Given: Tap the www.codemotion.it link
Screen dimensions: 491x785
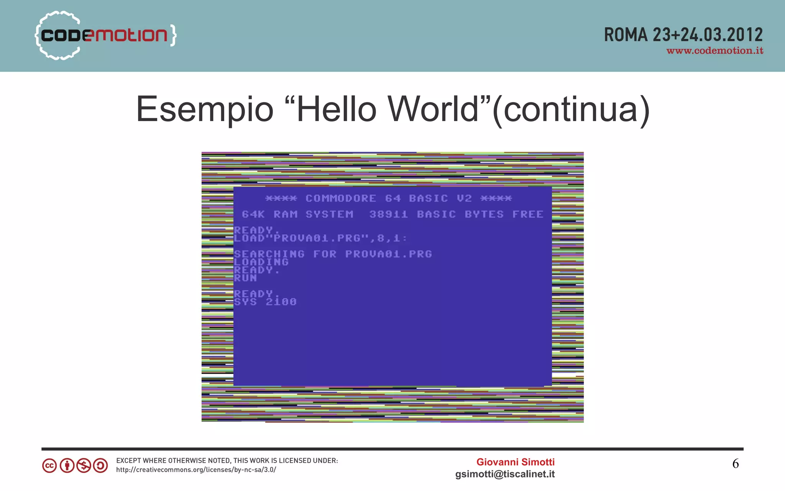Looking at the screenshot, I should [x=714, y=51].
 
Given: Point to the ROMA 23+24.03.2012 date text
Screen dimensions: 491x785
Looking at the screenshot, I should [x=683, y=35].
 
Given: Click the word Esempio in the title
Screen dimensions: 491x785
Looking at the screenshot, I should [x=205, y=109].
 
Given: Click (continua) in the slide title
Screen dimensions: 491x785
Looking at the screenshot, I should [x=571, y=109].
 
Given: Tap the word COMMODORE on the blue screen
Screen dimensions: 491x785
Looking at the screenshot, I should [x=341, y=199].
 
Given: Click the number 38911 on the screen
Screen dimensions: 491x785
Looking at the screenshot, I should [x=388, y=214].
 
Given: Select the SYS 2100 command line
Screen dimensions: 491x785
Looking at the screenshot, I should [x=265, y=302].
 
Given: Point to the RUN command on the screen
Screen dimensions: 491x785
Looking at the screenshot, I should [x=245, y=278].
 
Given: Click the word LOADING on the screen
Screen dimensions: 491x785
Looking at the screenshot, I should [x=261, y=262].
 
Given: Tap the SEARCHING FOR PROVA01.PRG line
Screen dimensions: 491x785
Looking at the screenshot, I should [x=333, y=254].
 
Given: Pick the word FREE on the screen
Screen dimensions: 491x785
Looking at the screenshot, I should [x=528, y=214].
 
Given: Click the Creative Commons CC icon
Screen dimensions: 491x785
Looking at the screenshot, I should [x=49, y=466].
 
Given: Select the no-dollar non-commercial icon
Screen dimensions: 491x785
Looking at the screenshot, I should [x=84, y=466].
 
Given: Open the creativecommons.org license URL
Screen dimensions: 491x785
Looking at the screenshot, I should [x=196, y=470].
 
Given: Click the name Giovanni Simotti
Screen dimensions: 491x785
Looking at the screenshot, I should [x=515, y=462].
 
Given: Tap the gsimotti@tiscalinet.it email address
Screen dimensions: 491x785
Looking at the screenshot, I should [x=505, y=474].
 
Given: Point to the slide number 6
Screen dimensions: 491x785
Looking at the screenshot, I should [x=735, y=464].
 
